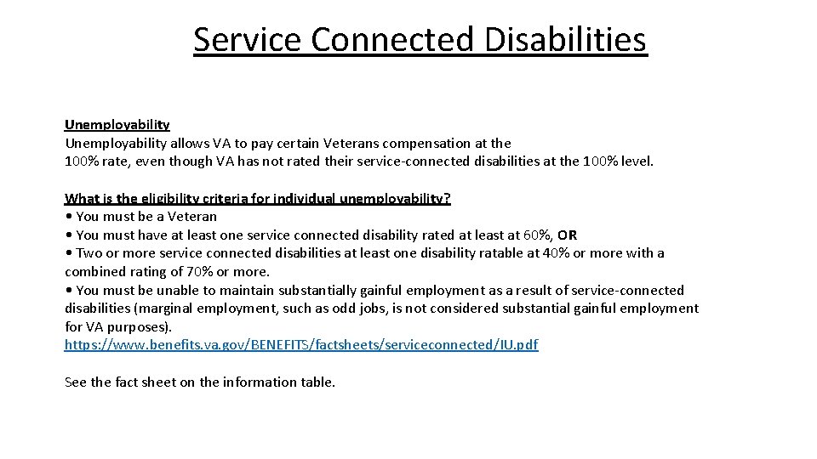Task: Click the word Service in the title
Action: [x=247, y=39]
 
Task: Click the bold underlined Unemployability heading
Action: [x=117, y=125]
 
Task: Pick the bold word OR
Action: [x=567, y=235]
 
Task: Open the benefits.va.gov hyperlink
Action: [x=301, y=344]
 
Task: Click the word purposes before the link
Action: [x=139, y=326]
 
